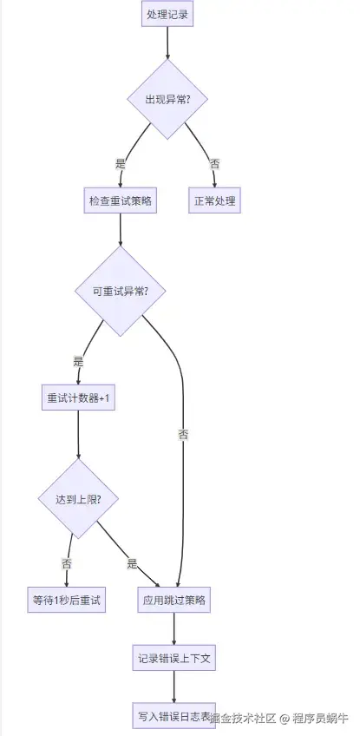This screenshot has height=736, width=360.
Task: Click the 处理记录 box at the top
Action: [168, 15]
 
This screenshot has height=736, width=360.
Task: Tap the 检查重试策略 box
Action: [121, 200]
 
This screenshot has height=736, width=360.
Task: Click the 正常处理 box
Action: [213, 200]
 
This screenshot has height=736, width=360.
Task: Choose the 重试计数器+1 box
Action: [79, 398]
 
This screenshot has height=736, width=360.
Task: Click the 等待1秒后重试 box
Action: [67, 600]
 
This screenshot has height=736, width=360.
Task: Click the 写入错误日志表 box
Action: [173, 716]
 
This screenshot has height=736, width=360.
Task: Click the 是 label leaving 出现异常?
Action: [121, 162]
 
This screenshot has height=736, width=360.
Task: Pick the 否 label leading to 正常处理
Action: [213, 162]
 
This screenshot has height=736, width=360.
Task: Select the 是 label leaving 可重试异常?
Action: [79, 360]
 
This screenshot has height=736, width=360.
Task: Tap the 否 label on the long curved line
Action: [183, 433]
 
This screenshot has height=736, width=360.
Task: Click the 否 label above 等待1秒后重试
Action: [67, 562]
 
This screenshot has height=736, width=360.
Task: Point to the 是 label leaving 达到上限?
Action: [132, 563]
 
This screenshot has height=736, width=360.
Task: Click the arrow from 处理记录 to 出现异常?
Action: [168, 43]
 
